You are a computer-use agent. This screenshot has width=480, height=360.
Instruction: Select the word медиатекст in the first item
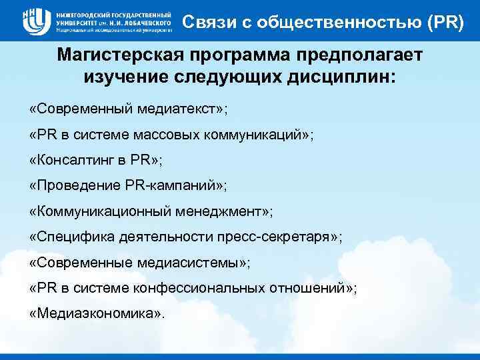(x=179, y=108)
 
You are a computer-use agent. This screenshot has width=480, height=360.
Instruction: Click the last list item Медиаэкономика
(x=96, y=313)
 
